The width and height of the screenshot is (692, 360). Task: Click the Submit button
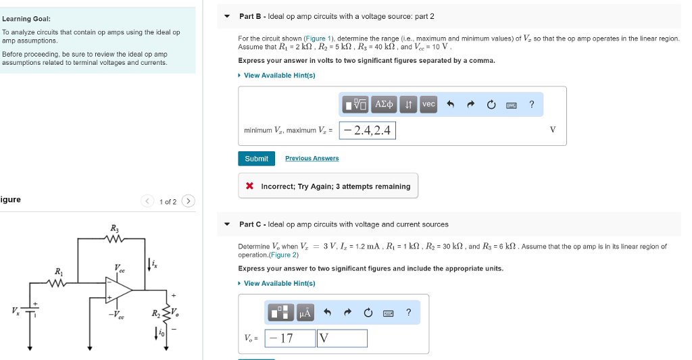coord(256,158)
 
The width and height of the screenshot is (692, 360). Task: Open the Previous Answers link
coord(312,158)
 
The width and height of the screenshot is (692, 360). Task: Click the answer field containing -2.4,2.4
coord(367,130)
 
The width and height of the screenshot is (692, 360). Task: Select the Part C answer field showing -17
coord(290,338)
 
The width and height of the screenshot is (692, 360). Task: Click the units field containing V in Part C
coord(342,338)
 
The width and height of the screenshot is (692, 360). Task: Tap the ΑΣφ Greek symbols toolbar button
coord(385,104)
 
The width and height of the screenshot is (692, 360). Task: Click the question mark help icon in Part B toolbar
coord(532,104)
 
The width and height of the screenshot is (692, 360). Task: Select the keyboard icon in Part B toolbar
coord(512,105)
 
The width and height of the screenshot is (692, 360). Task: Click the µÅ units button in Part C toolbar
coord(305,313)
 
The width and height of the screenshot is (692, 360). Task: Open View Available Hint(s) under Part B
coord(279,75)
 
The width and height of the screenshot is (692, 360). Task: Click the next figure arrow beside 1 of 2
coord(188,201)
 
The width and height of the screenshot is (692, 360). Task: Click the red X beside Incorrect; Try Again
coord(249,186)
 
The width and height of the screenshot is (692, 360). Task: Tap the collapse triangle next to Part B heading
coord(227,16)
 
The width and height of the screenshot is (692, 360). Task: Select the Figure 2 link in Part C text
coord(285,255)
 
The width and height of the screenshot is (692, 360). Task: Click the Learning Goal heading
coord(26,19)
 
